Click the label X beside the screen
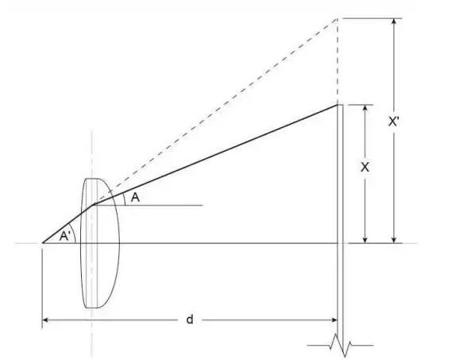pos(365,168)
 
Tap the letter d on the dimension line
pos(189,319)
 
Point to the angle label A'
pos(66,235)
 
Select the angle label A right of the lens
pos(135,198)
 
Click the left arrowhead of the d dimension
pos(46,320)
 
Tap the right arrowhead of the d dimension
pos(334,320)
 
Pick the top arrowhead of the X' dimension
pos(393,21)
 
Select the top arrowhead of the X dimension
pos(365,109)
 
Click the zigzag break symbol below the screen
pos(342,346)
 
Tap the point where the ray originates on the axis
pos(42,242)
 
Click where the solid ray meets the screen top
pos(338,105)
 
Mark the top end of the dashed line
pos(338,17)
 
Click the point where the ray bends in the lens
pos(95,204)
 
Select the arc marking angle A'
pos(76,234)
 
